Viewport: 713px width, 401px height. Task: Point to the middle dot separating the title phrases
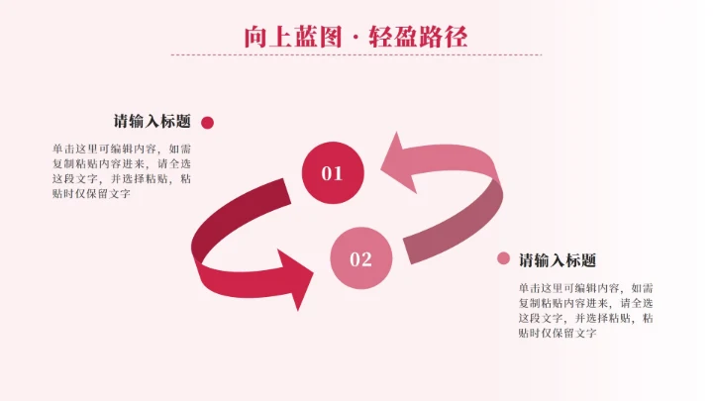pos(356,38)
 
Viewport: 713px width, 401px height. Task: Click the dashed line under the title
pos(356,54)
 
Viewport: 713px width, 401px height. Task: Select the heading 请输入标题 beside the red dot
pos(152,122)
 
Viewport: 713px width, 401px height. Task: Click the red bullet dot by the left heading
pos(208,123)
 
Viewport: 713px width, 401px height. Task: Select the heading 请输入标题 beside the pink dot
pos(558,259)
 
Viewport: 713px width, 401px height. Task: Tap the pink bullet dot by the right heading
pos(503,259)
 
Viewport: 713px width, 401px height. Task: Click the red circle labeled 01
pos(332,173)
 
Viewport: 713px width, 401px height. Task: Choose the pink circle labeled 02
pos(360,259)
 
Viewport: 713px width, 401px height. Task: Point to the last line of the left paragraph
pos(91,194)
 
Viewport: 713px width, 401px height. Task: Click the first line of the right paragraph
pos(584,288)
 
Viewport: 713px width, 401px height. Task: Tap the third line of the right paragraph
pos(584,318)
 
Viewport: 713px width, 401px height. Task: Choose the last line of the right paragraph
pos(557,333)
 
